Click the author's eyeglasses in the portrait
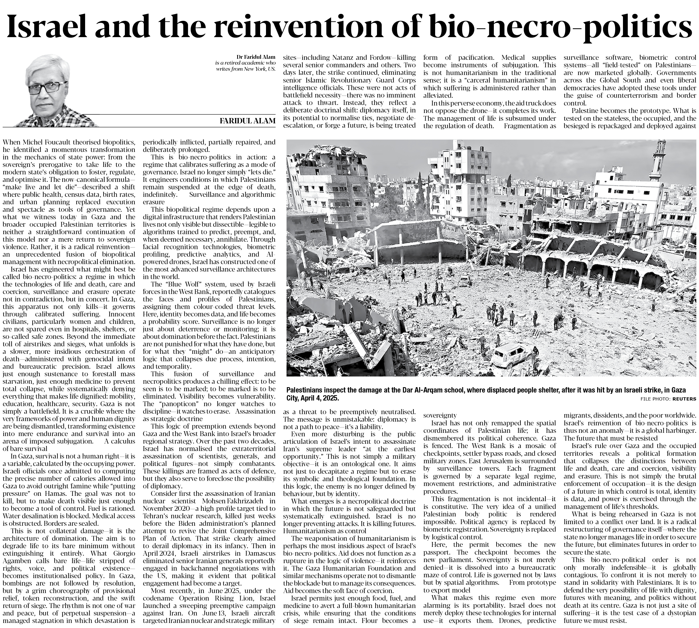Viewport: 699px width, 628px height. pyautogui.click(x=48, y=87)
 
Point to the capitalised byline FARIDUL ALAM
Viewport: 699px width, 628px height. pyautogui.click(x=248, y=120)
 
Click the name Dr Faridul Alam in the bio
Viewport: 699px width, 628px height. pyautogui.click(x=256, y=57)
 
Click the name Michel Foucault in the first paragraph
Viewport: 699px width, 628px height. pyautogui.click(x=57, y=142)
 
